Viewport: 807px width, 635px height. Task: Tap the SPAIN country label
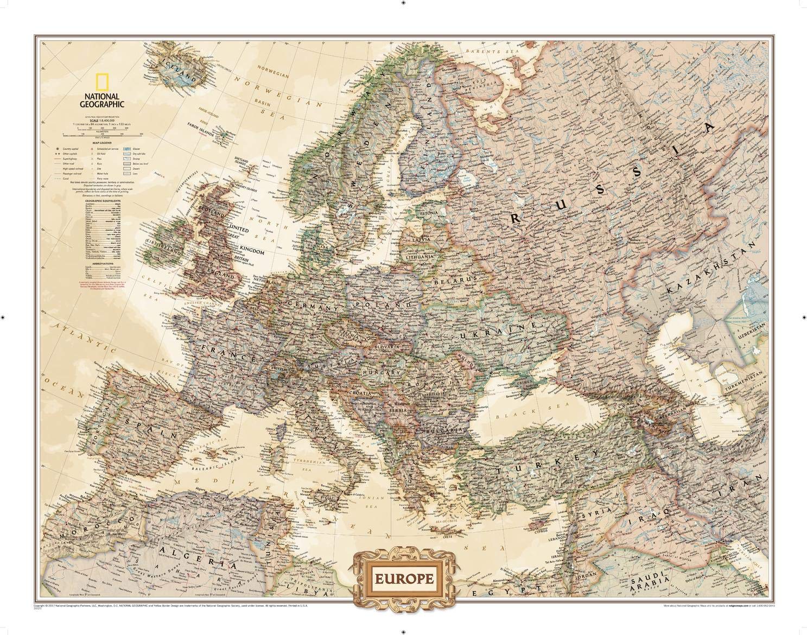coord(147,429)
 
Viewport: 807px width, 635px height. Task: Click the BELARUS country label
coord(454,280)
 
